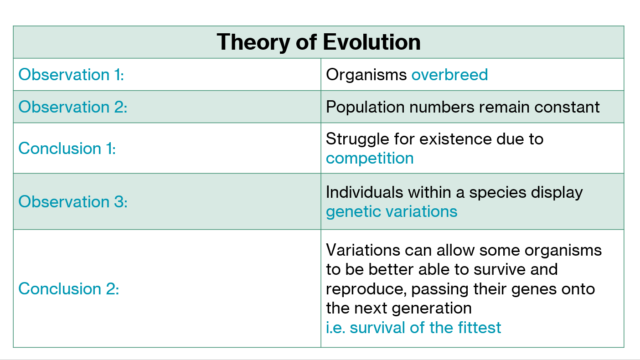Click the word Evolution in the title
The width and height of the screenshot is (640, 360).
click(372, 42)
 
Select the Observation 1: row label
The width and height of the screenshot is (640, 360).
click(71, 75)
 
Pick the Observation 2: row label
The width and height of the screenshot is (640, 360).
click(73, 107)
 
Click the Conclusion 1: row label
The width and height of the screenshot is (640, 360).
click(67, 148)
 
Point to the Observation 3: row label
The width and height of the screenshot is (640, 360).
click(73, 202)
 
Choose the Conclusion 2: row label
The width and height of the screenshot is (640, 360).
click(68, 288)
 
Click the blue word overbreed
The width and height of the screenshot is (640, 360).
click(449, 75)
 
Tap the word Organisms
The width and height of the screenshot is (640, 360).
click(366, 75)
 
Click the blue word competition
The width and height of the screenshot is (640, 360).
click(370, 159)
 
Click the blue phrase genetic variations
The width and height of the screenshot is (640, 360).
click(392, 212)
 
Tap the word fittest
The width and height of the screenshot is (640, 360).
click(480, 327)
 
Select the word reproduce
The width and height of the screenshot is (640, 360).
click(366, 290)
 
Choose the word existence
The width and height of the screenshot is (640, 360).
click(455, 139)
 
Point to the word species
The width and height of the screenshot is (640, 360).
click(498, 193)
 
